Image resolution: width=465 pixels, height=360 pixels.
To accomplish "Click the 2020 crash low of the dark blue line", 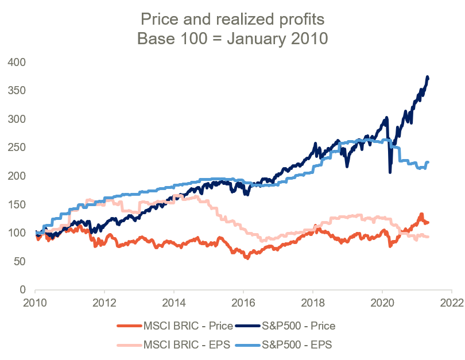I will pyautogui.click(x=390, y=172).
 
